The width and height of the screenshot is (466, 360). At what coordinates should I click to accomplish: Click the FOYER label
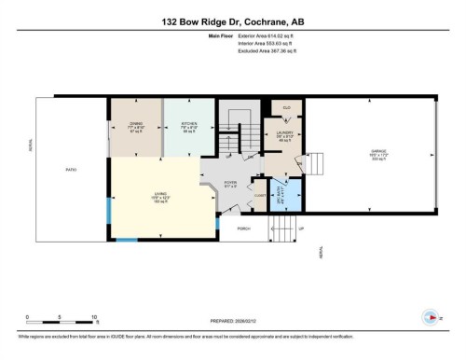coord(230,184)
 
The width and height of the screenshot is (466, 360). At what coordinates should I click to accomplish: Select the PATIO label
coord(71,170)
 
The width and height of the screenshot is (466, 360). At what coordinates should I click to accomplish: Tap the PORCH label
coord(243,228)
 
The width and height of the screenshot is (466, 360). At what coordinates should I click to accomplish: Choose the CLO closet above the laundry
coord(285,107)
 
